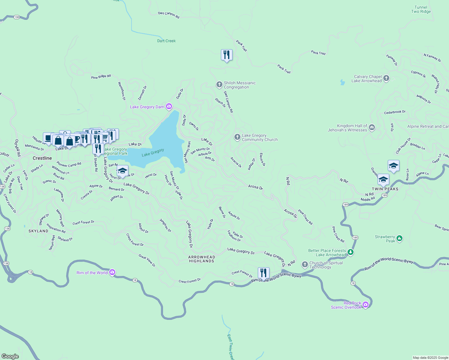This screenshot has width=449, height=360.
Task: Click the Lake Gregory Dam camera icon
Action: coord(169,106)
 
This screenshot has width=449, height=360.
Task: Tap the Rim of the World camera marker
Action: coord(112,272)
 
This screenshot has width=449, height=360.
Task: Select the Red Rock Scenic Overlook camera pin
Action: coord(365,305)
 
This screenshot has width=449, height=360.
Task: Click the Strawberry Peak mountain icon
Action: coord(399,238)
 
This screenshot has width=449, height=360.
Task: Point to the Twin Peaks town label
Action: coord(385,189)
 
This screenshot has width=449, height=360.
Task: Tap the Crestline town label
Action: coord(42,158)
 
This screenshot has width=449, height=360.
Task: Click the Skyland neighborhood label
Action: coord(38,231)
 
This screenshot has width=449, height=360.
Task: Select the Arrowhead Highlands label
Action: coord(202,259)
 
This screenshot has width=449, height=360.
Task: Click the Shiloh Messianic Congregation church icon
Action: coord(219,85)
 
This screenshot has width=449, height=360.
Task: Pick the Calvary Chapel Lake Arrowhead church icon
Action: coord(386,78)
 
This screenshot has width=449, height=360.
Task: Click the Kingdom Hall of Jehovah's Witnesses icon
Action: coord(372,127)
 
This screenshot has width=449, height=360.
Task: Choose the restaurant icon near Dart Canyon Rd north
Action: coord(227,55)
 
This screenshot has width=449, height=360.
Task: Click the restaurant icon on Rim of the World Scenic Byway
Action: coord(263,273)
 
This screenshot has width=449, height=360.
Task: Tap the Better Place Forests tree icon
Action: coord(350,252)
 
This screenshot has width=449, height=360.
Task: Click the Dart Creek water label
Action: coord(166,41)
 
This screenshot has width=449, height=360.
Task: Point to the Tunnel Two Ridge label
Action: coord(421,9)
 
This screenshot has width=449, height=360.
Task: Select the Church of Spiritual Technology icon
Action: coord(305,265)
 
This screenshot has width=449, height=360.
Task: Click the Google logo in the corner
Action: coord(10,356)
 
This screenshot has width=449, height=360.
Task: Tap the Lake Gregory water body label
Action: coord(153,152)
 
